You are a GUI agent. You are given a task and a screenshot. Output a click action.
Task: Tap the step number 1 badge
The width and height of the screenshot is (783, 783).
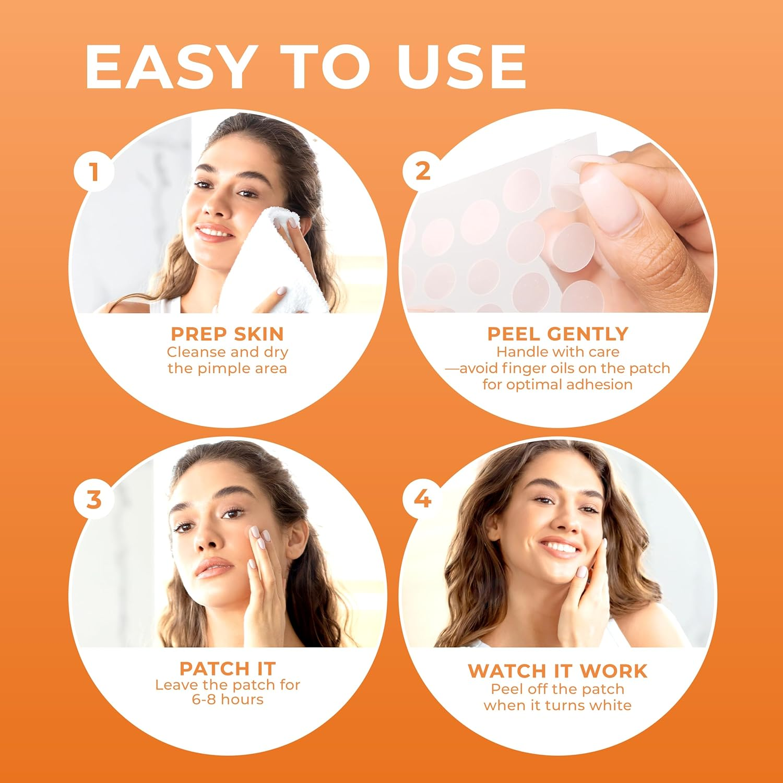click(94, 171)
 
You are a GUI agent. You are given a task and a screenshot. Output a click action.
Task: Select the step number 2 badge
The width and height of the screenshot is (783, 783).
click(422, 171)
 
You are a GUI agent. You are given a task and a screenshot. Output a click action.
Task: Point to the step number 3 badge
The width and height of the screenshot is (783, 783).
click(94, 500)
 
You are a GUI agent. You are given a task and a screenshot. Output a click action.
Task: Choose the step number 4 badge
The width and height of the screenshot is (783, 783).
click(422, 500)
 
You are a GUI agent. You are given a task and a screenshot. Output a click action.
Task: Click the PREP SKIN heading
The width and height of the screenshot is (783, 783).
click(227, 334)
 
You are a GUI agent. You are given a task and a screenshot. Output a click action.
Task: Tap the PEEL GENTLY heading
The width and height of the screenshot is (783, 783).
click(557, 334)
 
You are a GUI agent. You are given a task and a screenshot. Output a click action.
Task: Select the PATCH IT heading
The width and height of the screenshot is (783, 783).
click(227, 669)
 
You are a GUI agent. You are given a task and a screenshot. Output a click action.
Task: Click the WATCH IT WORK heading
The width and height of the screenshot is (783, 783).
click(557, 671)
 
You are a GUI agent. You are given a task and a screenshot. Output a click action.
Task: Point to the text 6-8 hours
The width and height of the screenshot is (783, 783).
click(227, 699)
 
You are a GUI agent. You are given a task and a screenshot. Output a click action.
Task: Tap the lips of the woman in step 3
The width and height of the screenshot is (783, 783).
click(214, 567)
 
